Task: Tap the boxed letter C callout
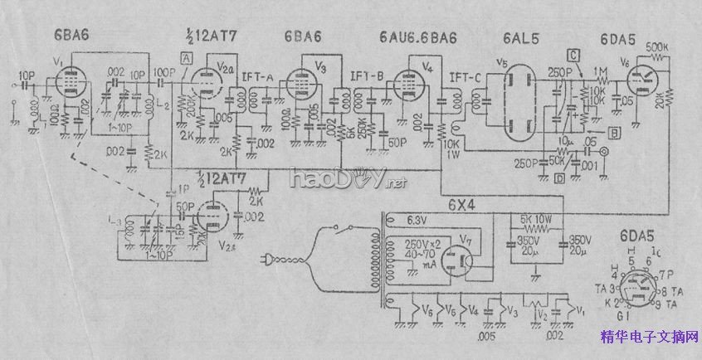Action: [573, 56]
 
